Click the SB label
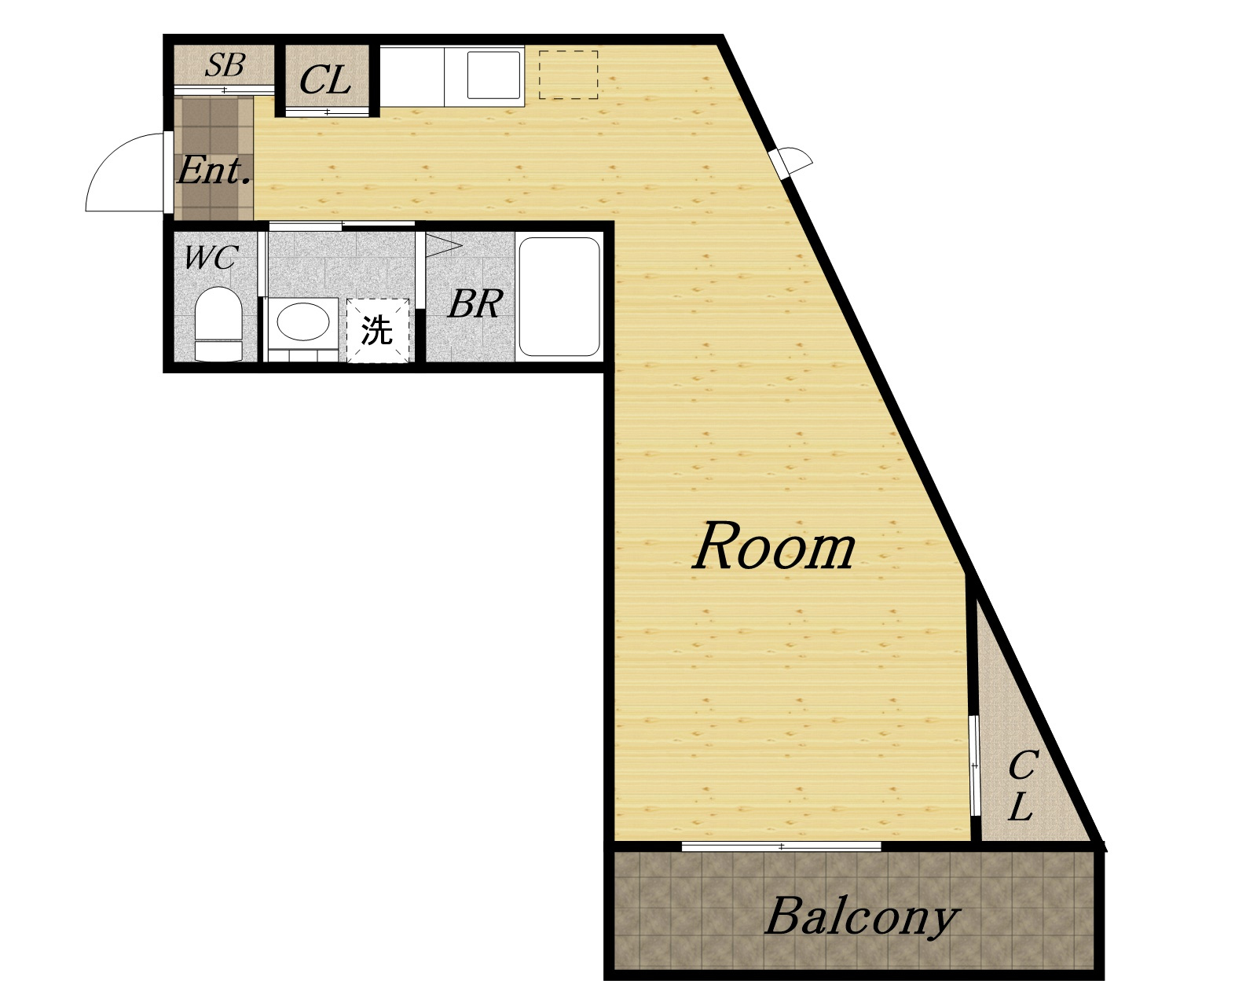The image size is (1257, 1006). tap(225, 65)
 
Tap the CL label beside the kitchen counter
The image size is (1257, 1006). tap(325, 80)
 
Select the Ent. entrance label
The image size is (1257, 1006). tap(214, 171)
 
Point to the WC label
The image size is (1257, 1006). tap(211, 257)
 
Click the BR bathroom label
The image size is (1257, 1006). tap(475, 303)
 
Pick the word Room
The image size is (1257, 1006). tap(774, 546)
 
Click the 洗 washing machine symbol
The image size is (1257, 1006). tap(377, 331)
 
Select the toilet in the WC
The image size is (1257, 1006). tap(218, 324)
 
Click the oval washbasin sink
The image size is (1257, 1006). tap(303, 321)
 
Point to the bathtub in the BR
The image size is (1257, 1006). tap(559, 296)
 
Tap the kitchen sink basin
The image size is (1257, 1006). tap(493, 75)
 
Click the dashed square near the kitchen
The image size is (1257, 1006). tap(568, 75)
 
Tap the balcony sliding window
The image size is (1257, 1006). tap(781, 846)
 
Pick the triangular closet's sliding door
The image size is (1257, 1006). tap(973, 766)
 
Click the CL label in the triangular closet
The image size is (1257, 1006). tap(1022, 785)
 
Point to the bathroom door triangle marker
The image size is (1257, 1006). tap(443, 245)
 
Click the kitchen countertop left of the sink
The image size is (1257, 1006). tap(412, 76)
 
